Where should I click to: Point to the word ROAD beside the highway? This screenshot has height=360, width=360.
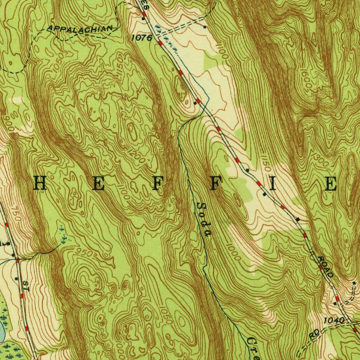(x=325, y=266)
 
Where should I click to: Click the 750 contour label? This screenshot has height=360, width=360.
(x=16, y=214)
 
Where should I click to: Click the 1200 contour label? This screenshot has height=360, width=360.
(x=136, y=156)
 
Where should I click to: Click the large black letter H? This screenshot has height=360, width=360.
(x=40, y=184)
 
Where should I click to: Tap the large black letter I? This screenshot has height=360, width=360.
(x=272, y=184)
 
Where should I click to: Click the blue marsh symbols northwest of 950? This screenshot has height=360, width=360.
(x=63, y=238)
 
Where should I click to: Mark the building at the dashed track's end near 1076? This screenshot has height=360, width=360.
(x=205, y=26)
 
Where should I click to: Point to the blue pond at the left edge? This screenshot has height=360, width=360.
(x=1, y=332)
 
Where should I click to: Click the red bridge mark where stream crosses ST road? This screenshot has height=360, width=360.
(x=17, y=261)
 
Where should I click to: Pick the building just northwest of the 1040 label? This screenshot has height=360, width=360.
(x=335, y=303)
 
